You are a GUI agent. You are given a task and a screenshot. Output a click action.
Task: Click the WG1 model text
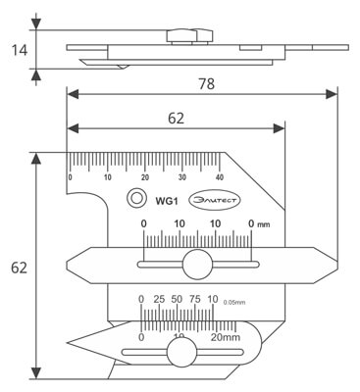coord(165,200)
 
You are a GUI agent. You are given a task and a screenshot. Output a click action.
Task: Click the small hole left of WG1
coord(132,199)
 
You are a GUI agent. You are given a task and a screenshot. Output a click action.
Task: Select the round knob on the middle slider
coord(195,264)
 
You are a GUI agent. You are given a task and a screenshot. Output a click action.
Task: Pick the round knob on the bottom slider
coord(180,355)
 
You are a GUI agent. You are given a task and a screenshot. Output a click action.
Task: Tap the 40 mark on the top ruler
coord(219,177)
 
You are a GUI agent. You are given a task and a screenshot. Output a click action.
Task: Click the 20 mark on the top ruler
coord(144,177)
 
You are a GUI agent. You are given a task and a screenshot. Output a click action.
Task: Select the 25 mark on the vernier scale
coord(159,299)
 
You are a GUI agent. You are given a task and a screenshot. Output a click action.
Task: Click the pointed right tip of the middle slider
coord(336,263)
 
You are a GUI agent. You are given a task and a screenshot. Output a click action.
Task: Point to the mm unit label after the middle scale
coord(263,224)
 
